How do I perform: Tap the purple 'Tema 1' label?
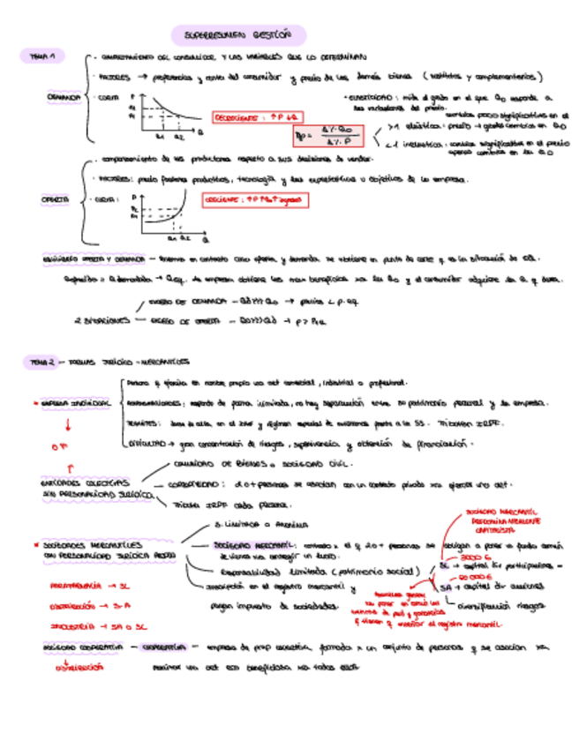coord(42,56)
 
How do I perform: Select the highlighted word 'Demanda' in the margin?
coord(64,97)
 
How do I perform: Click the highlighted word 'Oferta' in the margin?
coord(56,200)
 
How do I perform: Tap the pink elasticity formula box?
coord(331,136)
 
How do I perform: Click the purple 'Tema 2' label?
coord(42,362)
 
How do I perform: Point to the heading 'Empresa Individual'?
coord(74,402)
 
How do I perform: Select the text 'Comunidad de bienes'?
coord(214,462)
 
